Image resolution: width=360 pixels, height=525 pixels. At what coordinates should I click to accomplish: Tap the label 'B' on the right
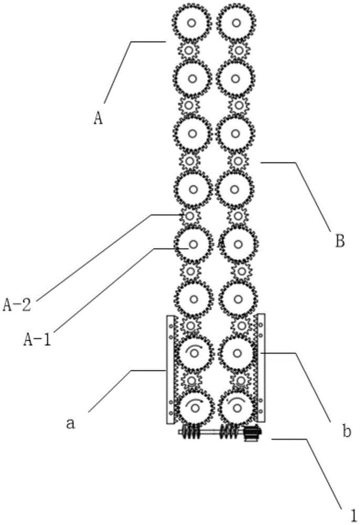coord(340,241)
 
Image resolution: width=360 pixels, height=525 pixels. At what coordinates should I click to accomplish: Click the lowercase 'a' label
coord(70,424)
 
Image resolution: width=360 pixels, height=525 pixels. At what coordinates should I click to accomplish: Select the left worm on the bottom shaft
coord(190,434)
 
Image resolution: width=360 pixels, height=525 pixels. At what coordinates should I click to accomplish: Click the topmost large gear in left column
coord(192,23)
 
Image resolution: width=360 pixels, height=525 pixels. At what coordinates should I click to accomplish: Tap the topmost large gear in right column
coord(236,23)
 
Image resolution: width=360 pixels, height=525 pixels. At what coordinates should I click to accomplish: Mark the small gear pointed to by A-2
coord(190,216)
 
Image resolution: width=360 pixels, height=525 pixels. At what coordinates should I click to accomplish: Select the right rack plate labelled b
coord(261,367)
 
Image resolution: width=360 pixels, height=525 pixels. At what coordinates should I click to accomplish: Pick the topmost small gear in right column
coord(238,50)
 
